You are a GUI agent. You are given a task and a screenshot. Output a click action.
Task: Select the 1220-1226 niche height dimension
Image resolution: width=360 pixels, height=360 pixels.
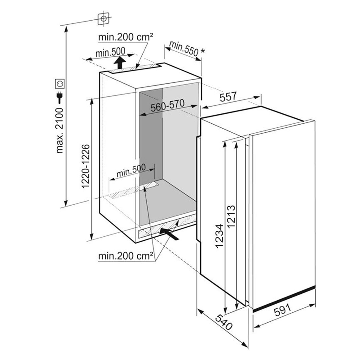85,166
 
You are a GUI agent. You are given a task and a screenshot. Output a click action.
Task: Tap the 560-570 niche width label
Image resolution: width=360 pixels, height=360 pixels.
168,105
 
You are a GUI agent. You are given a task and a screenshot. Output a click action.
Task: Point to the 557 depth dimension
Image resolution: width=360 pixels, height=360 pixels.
228,97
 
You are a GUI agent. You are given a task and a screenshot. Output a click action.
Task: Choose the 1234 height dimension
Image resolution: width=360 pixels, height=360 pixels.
219,236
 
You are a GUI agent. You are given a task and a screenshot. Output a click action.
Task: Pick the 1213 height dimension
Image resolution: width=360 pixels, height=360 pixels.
231,216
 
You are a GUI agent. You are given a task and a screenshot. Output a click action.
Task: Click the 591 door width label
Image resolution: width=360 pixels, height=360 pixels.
283,310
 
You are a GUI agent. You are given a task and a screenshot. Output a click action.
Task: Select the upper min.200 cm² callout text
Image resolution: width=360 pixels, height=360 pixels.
126,37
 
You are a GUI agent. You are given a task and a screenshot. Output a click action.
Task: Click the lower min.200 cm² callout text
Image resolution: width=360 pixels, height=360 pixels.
126,256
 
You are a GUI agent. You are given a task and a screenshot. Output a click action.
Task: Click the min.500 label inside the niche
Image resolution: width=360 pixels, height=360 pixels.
131,170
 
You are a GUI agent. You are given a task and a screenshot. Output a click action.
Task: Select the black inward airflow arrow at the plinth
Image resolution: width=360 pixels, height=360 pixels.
169,234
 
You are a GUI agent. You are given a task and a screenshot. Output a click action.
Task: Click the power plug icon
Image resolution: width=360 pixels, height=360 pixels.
60,97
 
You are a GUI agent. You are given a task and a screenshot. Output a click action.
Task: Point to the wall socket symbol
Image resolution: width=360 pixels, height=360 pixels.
60,84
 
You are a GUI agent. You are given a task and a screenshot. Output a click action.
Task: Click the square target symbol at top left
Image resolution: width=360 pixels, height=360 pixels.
103,18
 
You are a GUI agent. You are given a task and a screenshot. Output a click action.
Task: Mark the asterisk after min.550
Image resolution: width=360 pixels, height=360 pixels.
203,51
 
